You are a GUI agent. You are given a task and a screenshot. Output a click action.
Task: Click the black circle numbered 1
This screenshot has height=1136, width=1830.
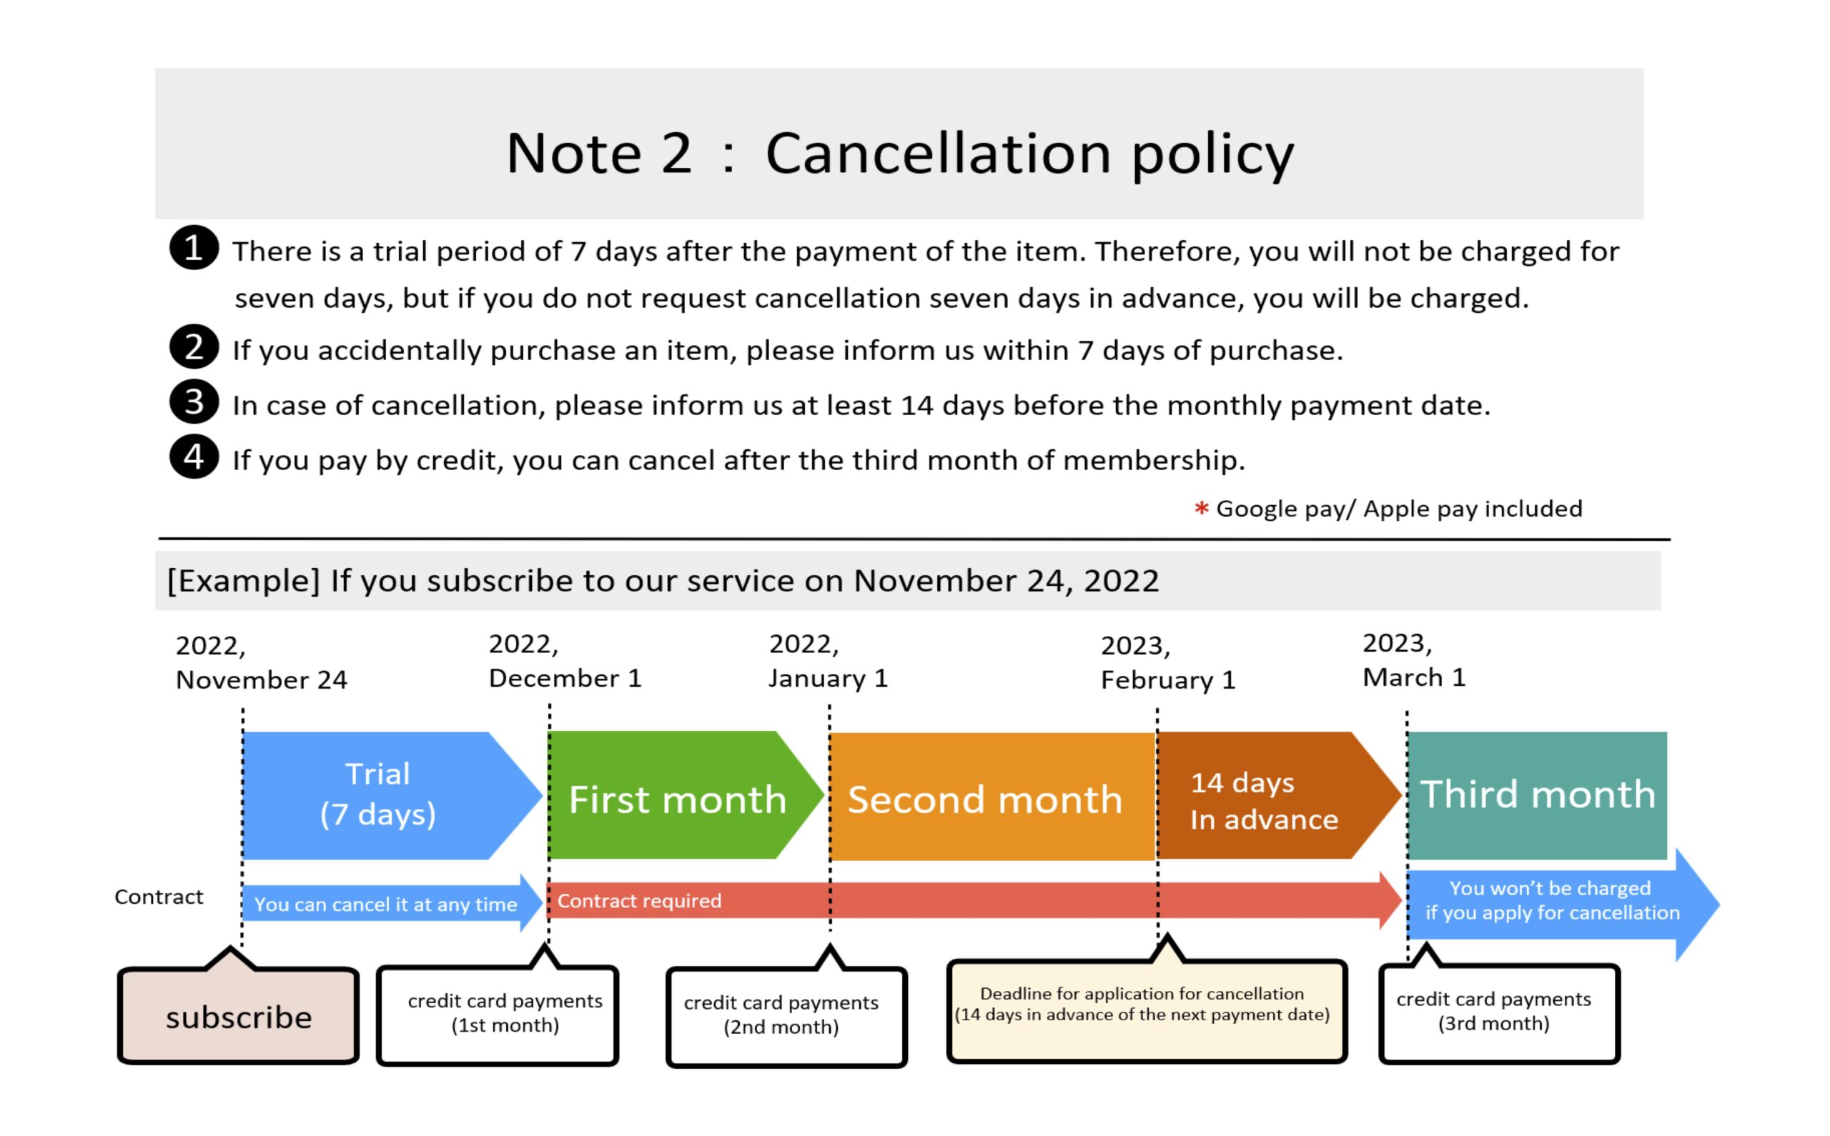click(x=194, y=247)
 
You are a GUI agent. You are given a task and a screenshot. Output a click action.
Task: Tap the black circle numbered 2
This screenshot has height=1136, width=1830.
click(x=194, y=347)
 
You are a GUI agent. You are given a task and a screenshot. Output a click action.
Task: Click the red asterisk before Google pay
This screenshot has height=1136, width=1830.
click(x=1201, y=509)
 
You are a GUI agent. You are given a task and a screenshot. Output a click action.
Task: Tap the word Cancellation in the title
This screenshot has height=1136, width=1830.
click(x=938, y=154)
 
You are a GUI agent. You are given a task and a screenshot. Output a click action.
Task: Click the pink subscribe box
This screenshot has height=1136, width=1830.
click(x=238, y=1015)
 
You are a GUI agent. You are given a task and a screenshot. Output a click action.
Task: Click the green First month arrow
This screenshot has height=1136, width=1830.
click(x=686, y=796)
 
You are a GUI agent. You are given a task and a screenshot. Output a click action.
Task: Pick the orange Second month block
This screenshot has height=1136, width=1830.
click(x=992, y=797)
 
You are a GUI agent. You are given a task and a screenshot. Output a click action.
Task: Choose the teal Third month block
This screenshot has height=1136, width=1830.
click(x=1538, y=796)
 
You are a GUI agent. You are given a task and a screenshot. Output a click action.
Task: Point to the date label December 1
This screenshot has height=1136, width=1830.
click(x=565, y=679)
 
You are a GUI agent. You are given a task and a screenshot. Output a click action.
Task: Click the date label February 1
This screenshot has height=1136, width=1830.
click(x=1168, y=680)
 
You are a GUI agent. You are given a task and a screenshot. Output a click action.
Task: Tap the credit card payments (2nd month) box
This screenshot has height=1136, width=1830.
click(x=787, y=1015)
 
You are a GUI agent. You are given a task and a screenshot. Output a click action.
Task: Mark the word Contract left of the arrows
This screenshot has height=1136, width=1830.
click(x=159, y=897)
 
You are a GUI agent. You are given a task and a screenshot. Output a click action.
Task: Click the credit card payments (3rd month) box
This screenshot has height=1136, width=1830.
click(x=1499, y=1012)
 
